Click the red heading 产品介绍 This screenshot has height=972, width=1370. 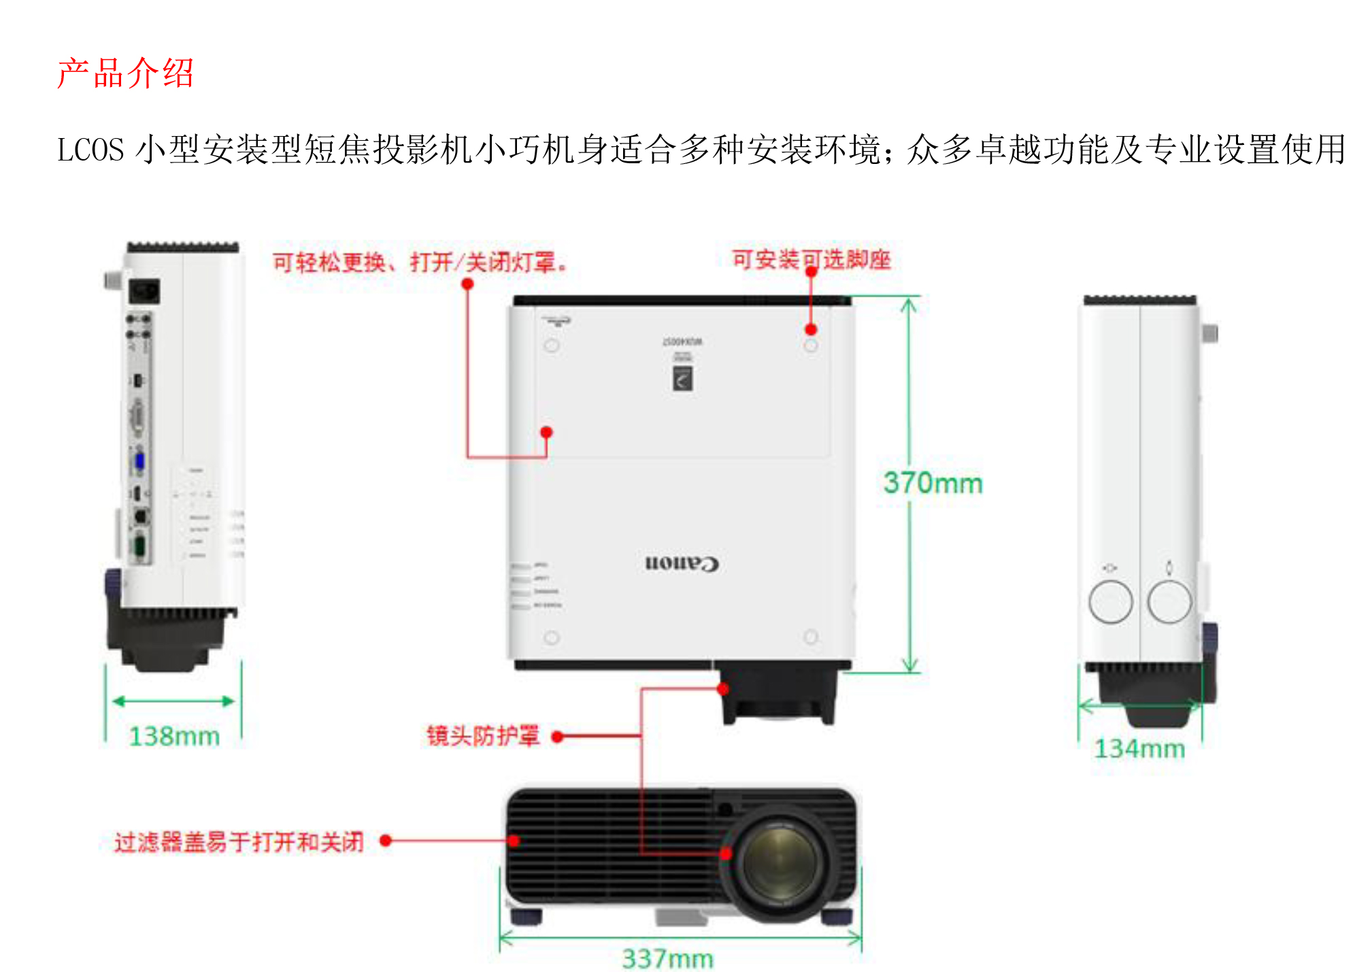coord(126,73)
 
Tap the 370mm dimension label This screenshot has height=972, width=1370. coord(933,483)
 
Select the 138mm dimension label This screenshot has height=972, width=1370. coord(174,736)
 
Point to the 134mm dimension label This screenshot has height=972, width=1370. coord(1139,748)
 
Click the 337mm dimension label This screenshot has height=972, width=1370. coord(667,958)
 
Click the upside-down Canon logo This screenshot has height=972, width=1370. coord(682,563)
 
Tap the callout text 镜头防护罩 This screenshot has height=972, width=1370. coord(483,736)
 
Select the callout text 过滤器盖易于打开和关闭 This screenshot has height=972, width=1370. coord(239,842)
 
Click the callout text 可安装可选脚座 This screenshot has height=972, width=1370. coord(811,259)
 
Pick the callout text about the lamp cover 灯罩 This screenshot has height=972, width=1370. coord(420,262)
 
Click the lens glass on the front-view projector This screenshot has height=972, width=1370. coord(780,862)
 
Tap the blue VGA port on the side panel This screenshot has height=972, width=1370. coord(139,461)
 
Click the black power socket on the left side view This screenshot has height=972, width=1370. coord(145,291)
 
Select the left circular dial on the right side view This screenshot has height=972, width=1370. coord(1110,602)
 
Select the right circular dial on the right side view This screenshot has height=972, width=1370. coord(1169,602)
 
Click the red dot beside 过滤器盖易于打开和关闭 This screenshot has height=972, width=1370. coord(386,841)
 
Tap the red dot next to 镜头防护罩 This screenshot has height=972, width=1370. coord(557,737)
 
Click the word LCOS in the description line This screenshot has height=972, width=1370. coord(90,150)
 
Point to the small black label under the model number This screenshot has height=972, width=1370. coord(682,378)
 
